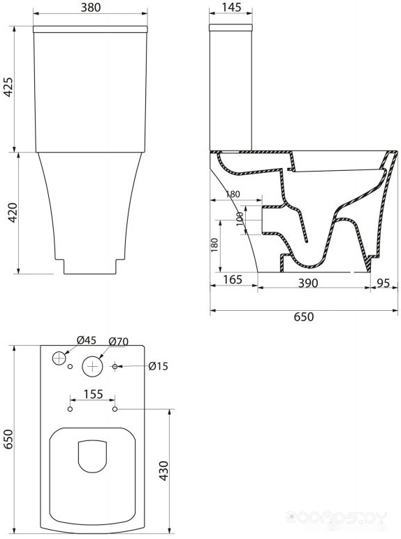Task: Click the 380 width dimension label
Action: (91, 7)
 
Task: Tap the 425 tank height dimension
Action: (8, 87)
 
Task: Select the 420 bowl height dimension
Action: (13, 212)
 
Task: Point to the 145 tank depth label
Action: (231, 7)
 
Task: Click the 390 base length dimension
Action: (307, 283)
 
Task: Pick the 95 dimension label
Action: (383, 283)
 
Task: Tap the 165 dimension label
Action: (233, 279)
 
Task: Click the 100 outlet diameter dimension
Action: (240, 219)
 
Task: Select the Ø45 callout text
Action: (87, 340)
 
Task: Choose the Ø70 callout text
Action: (118, 342)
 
